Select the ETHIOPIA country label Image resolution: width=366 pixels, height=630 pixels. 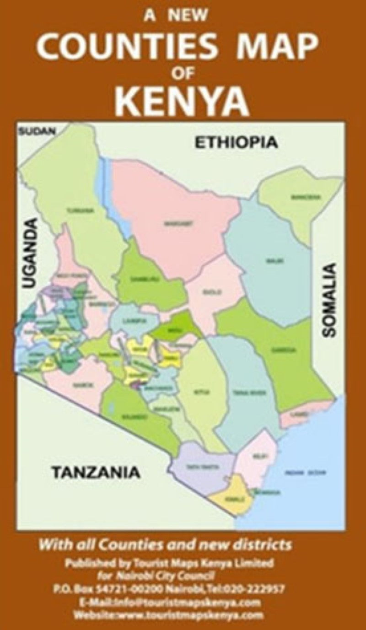[x=236, y=142]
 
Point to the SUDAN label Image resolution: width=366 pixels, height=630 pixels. [x=37, y=131]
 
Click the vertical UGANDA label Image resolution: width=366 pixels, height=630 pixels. [x=30, y=253]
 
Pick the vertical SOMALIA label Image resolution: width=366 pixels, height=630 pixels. [x=329, y=300]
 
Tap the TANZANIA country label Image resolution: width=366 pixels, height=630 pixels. [x=95, y=472]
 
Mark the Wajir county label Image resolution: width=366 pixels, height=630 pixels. [x=267, y=260]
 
